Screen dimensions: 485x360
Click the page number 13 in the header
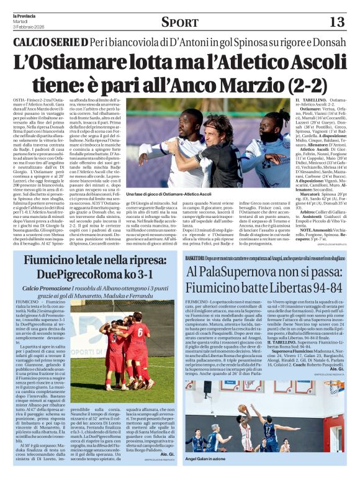[338, 22]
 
